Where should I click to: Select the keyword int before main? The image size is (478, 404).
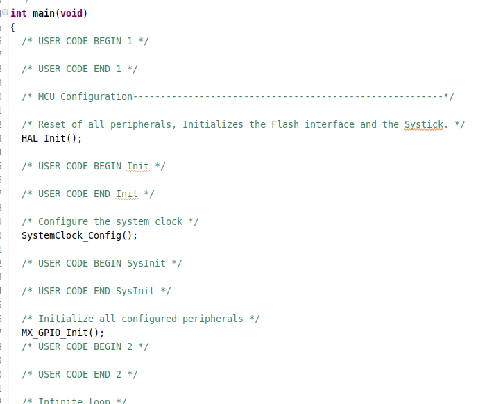19,13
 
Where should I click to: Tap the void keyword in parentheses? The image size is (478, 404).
71,13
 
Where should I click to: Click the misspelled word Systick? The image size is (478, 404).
424,124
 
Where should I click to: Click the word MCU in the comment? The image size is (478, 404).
46,96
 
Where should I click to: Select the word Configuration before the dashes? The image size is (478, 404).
96,96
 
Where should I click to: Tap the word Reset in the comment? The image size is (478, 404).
52,124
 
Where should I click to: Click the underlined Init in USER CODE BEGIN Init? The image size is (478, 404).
138,166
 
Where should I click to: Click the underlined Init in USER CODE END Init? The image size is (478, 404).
127,194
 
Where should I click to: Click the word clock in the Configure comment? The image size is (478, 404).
169,221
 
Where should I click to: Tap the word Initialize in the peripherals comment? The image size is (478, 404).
66,319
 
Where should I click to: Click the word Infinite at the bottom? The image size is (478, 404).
60,401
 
